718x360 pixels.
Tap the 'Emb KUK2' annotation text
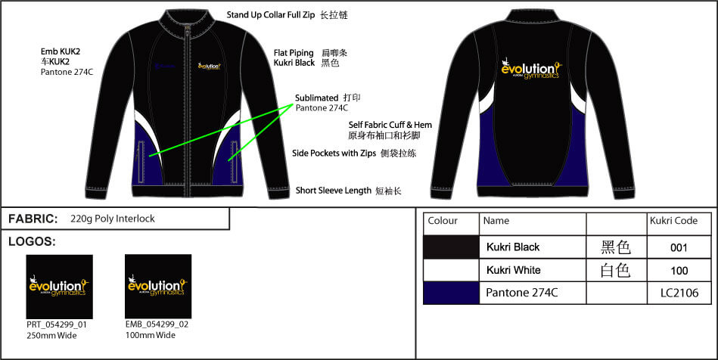[61, 51]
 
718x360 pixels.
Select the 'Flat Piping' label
[294, 53]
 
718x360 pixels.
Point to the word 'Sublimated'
[315, 98]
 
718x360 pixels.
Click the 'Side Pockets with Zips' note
[333, 153]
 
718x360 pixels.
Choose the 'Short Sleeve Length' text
[333, 191]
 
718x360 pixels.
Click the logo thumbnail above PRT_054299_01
[59, 287]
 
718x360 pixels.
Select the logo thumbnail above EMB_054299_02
[158, 287]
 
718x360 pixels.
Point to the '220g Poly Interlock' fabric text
[112, 219]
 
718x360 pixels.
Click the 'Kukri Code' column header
[669, 221]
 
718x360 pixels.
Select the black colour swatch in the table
[451, 247]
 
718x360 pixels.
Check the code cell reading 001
[679, 247]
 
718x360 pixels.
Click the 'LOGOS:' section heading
[32, 242]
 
